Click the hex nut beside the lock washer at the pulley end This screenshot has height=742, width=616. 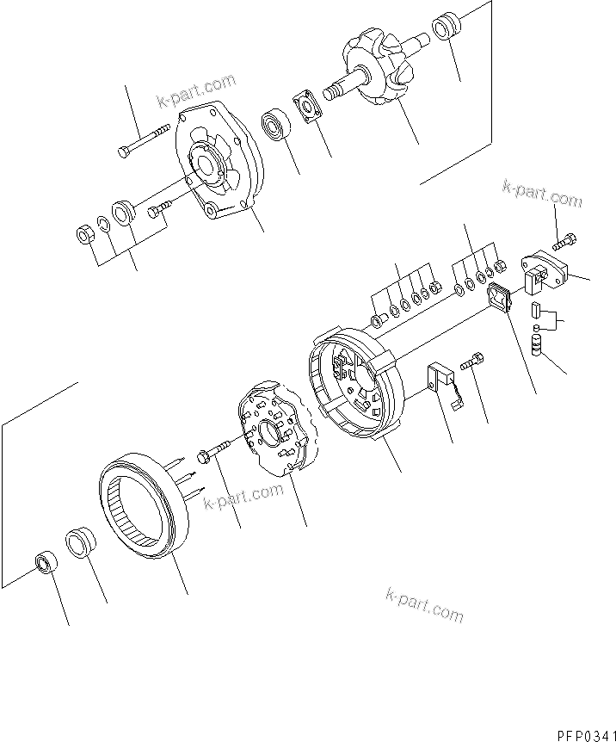pos(86,232)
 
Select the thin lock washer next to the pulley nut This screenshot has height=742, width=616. pos(102,226)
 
